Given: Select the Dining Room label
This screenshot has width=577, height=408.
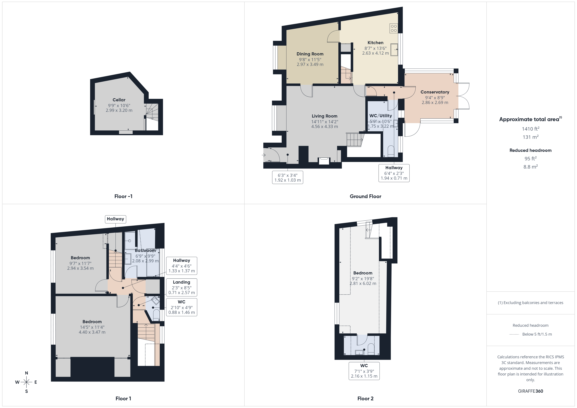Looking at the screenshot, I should (x=310, y=54).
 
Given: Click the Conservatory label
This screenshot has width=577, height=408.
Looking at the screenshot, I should (x=435, y=92).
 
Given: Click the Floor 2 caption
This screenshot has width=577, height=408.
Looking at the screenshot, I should (x=365, y=399).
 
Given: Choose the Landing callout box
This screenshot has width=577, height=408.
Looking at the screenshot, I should (x=181, y=287).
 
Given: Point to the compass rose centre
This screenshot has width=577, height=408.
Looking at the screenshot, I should (x=26, y=382).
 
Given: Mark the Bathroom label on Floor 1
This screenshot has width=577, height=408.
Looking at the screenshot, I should (x=145, y=250).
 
